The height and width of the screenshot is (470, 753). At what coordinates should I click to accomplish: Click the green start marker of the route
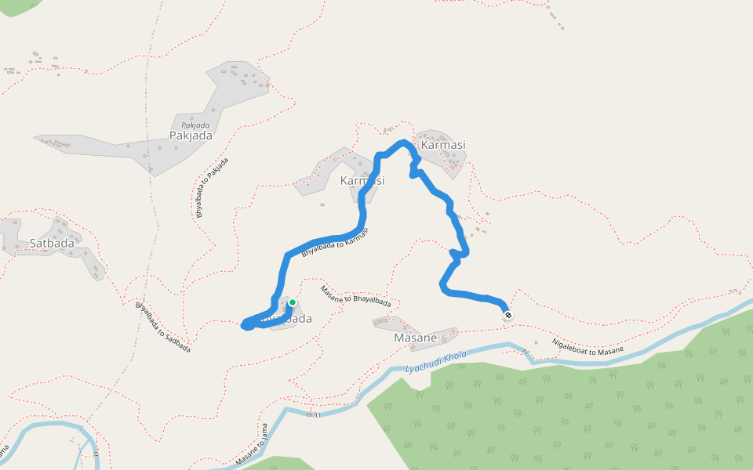(x=292, y=302)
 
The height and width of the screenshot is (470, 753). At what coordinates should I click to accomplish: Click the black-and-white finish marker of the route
(x=508, y=315)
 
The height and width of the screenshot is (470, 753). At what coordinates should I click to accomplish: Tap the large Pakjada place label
(x=191, y=136)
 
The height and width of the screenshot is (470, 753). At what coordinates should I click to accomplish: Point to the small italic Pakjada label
(x=195, y=125)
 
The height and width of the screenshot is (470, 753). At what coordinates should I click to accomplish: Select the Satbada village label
(x=52, y=243)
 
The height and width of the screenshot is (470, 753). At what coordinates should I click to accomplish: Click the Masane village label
(x=415, y=338)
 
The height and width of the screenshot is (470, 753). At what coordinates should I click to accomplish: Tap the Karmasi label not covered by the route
(x=443, y=145)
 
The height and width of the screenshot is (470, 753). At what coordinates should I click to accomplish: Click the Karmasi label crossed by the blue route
(x=362, y=180)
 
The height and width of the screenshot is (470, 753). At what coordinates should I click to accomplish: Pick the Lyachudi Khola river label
(x=436, y=361)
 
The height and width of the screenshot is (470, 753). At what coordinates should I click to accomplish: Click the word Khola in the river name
(x=454, y=356)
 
